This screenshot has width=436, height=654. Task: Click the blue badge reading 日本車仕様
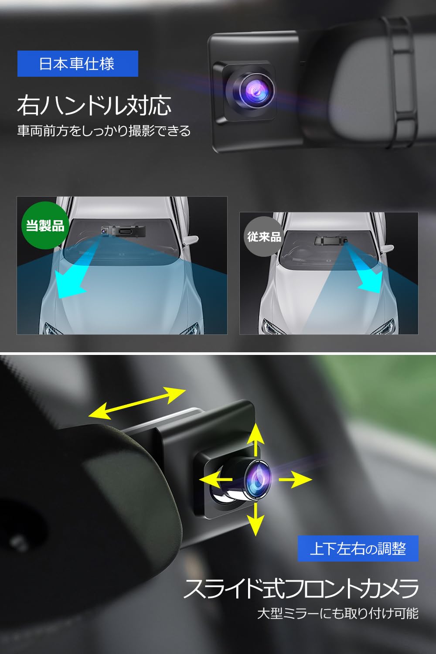[78, 64]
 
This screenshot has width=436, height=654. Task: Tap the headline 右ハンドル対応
[94, 106]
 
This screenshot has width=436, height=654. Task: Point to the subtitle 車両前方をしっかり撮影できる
[104, 131]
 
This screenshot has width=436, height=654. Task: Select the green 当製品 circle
[45, 225]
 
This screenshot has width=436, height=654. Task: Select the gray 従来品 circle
[264, 237]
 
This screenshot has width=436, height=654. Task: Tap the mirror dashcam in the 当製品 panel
[122, 230]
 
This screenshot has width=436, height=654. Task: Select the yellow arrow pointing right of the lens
[296, 479]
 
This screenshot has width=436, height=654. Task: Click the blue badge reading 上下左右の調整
[358, 548]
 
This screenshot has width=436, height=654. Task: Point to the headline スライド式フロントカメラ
[301, 589]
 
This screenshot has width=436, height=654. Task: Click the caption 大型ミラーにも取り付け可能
[337, 613]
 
